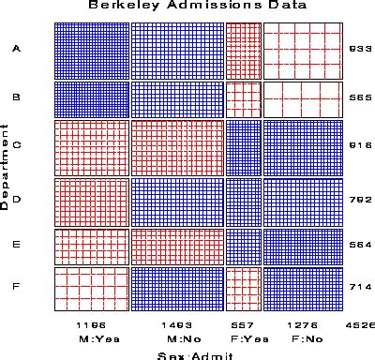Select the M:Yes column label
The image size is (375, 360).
91,337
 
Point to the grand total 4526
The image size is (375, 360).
361,323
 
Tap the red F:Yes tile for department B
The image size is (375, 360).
243,99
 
